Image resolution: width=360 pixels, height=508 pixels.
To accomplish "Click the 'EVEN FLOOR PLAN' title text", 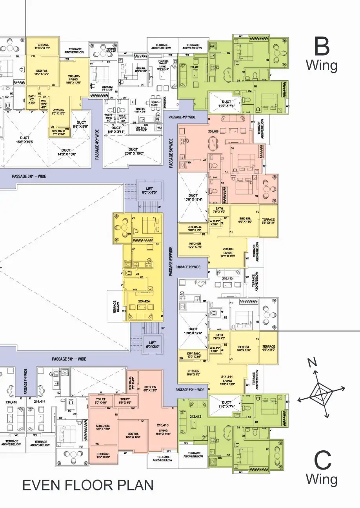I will pyautogui.click(x=88, y=485).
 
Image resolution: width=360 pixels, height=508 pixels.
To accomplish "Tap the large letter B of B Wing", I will pyautogui.click(x=322, y=47).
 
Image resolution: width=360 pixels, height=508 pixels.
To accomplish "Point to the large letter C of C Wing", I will pyautogui.click(x=322, y=461).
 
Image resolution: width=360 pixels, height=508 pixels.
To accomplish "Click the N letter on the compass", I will pyautogui.click(x=312, y=363).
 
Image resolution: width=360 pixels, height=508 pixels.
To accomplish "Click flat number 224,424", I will pyautogui.click(x=144, y=301).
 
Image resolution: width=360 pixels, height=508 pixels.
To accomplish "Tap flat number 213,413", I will pyautogui.click(x=162, y=425).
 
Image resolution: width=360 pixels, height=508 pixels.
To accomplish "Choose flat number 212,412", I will pyautogui.click(x=195, y=417).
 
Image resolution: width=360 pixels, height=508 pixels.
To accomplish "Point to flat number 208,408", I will pyautogui.click(x=213, y=132).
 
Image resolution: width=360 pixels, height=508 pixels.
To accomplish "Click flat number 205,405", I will pyautogui.click(x=74, y=76).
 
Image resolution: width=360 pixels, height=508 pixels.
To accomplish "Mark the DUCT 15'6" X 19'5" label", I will pyautogui.click(x=24, y=140).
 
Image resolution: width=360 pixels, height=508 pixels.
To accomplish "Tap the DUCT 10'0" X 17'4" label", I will pyautogui.click(x=193, y=198).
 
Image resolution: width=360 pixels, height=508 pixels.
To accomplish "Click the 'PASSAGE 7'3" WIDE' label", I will pyautogui.click(x=188, y=267).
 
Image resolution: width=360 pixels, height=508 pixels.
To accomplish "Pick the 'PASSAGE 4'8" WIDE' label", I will pyautogui.click(x=182, y=117).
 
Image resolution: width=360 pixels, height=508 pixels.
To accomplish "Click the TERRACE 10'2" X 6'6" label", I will pyautogui.click(x=103, y=455).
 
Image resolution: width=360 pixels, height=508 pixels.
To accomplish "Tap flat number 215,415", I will pyautogui.click(x=11, y=402).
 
